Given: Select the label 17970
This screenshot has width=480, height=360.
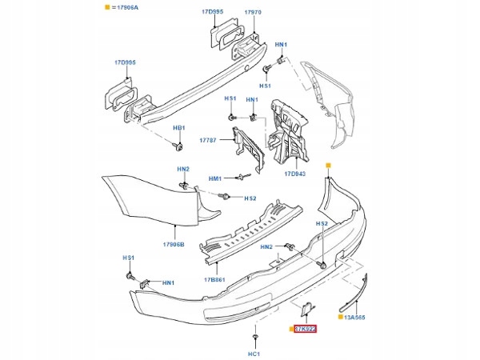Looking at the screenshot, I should tap(252, 14).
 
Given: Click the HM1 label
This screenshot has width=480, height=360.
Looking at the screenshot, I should tap(215, 178).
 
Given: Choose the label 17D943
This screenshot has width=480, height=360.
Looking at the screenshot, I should tap(295, 173).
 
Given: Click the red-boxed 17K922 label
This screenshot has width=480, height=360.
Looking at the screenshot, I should tap(306, 329).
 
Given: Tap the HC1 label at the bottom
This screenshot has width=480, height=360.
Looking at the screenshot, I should tap(254, 353).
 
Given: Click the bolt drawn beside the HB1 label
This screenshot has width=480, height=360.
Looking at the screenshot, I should tap(178, 146).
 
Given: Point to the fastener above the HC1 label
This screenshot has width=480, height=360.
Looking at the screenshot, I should tap(254, 335).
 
